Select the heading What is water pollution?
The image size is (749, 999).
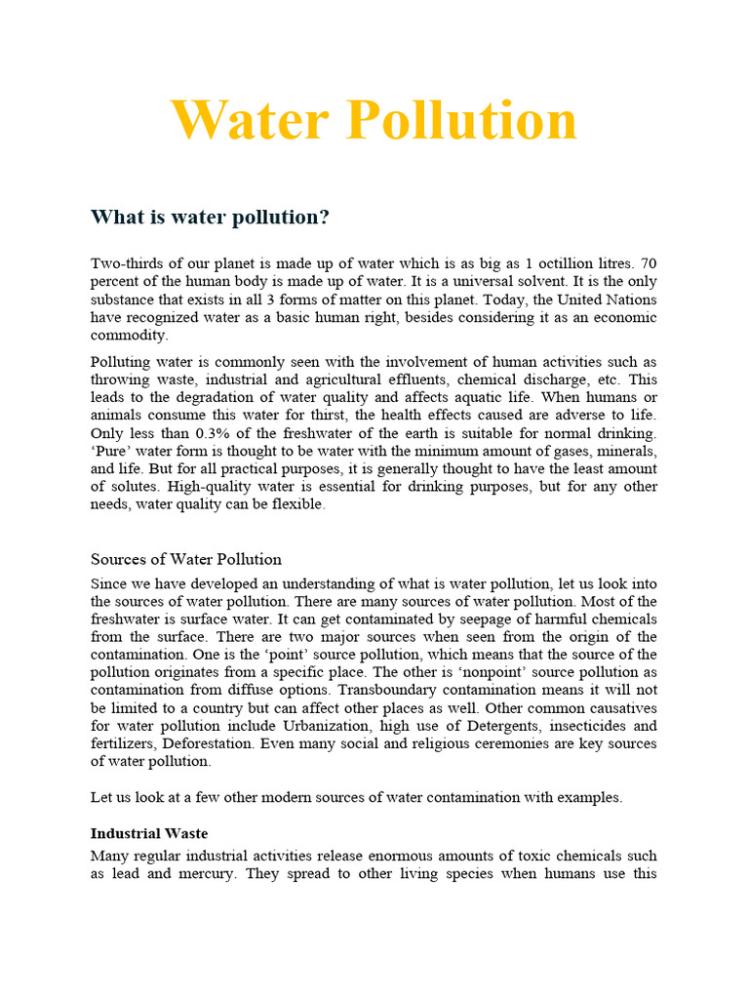[x=210, y=217]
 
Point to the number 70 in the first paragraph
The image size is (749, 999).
[x=648, y=263]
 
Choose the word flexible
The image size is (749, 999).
[x=294, y=504]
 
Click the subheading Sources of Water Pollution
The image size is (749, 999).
[x=186, y=559]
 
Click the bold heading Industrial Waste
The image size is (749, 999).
[x=149, y=834]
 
